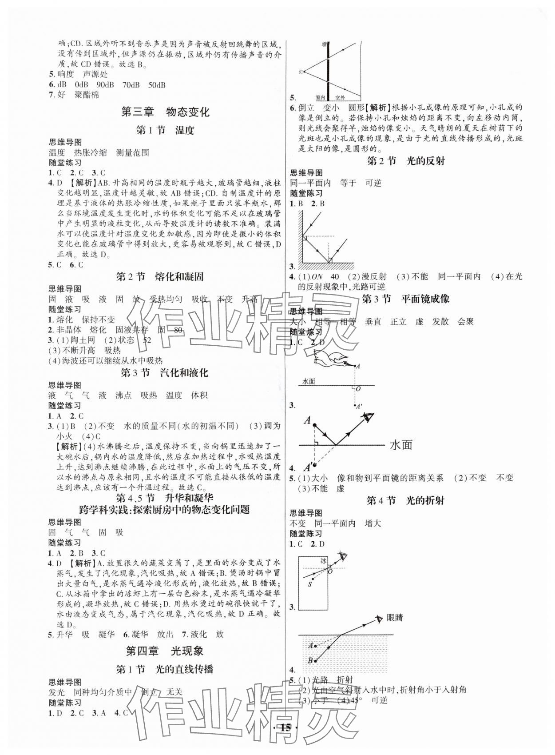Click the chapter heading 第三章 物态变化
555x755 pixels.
pyautogui.click(x=165, y=112)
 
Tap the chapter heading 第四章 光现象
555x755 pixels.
pyautogui.click(x=165, y=651)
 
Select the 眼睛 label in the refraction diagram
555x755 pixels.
pyautogui.click(x=394, y=618)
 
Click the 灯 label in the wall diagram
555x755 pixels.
pyautogui.click(x=301, y=71)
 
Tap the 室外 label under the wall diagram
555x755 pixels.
pyautogui.click(x=341, y=97)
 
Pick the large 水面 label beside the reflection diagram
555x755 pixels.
pyautogui.click(x=401, y=444)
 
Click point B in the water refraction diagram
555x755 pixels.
pyautogui.click(x=310, y=660)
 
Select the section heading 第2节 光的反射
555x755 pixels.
pyautogui.click(x=406, y=161)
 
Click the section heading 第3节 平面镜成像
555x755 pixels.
pyautogui.click(x=406, y=299)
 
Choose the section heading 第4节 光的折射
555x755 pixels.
pyautogui.click(x=406, y=500)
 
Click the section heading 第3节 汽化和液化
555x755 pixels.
pyautogui.click(x=165, y=372)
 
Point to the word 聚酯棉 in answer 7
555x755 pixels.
pyautogui.click(x=87, y=95)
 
